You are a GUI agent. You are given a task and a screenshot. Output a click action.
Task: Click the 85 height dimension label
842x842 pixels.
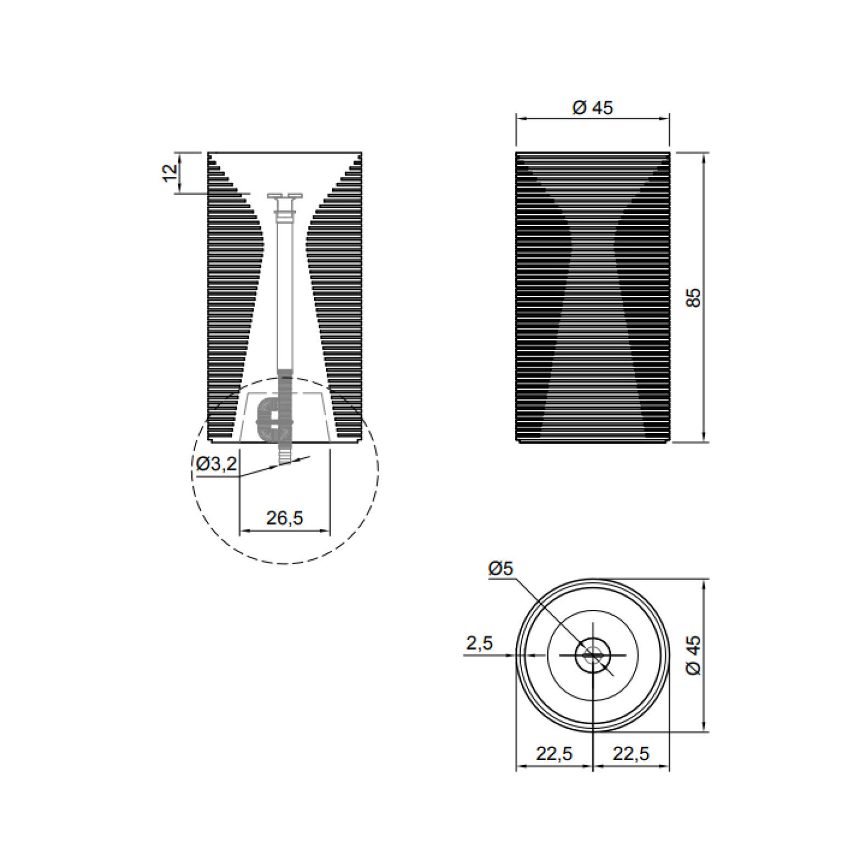pos(694,297)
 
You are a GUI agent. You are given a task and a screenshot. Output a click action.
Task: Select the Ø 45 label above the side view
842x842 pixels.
pos(592,108)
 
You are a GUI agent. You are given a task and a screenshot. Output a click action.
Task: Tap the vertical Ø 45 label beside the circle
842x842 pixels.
pos(694,655)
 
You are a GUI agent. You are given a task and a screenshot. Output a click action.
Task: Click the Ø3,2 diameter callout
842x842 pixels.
pos(217,464)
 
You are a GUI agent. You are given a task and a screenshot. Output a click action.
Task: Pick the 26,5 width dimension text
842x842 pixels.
pos(284,518)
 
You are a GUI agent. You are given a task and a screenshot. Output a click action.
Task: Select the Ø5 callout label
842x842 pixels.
pos(500,569)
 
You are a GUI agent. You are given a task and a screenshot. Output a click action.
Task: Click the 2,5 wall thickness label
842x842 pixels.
pos(480,643)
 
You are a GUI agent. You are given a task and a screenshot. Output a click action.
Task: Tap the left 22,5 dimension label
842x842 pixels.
pos(554,754)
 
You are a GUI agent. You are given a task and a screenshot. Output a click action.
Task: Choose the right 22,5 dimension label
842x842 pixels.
pos(631,754)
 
